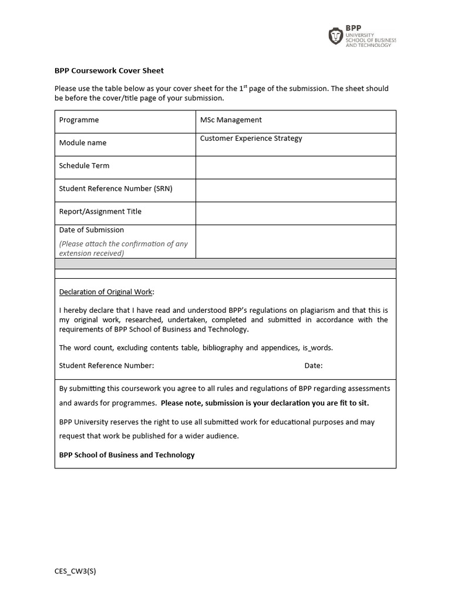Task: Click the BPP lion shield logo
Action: click(x=335, y=36)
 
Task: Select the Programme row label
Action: click(x=79, y=120)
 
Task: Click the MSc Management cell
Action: click(x=231, y=120)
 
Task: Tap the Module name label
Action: click(x=83, y=143)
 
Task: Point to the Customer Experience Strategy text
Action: click(x=251, y=139)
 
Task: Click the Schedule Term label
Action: click(x=84, y=166)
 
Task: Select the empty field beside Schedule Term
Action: click(x=295, y=167)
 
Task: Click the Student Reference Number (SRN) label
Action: click(x=116, y=188)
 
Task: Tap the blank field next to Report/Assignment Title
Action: click(x=295, y=213)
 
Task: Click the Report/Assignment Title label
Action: click(x=100, y=211)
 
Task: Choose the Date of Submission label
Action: click(x=91, y=230)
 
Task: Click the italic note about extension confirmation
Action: click(x=123, y=248)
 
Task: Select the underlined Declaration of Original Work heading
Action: click(x=106, y=292)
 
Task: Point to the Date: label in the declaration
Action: click(x=313, y=366)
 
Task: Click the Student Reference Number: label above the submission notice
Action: click(x=106, y=366)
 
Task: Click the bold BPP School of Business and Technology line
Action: click(x=127, y=455)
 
